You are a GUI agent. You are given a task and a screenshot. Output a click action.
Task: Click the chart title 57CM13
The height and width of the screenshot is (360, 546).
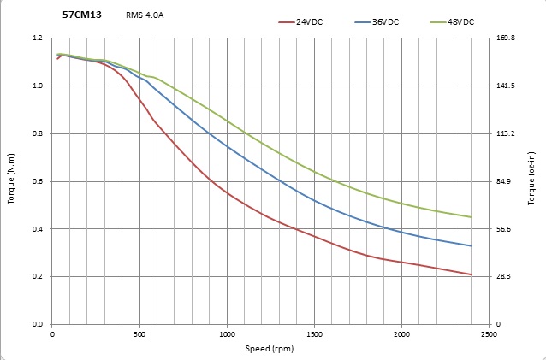coord(82,15)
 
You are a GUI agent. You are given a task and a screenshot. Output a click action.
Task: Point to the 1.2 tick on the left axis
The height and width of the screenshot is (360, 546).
coord(37,38)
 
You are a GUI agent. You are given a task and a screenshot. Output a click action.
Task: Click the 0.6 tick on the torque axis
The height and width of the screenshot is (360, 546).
coord(37,181)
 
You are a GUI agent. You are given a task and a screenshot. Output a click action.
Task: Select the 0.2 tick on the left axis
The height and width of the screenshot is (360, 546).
coord(37,277)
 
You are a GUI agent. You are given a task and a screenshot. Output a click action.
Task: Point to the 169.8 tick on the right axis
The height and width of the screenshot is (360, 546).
coord(506,38)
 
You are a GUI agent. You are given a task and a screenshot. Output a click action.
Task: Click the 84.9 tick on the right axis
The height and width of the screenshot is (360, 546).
coord(504,181)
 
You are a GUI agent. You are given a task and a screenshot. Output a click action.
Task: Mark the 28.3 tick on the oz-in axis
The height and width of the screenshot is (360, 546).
coord(504,277)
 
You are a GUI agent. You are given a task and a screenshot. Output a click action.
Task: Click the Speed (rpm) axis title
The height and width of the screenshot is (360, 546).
coord(269,349)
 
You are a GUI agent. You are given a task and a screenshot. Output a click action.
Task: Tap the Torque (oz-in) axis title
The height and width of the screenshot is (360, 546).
coord(532,181)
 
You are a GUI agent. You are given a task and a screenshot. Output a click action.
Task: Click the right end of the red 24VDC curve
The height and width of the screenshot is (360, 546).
coord(472,274)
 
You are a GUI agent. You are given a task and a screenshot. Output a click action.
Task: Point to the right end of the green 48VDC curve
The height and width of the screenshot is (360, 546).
coord(472,217)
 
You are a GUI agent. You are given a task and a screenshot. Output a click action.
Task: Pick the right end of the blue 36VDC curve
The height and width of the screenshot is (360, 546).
coord(472,246)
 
